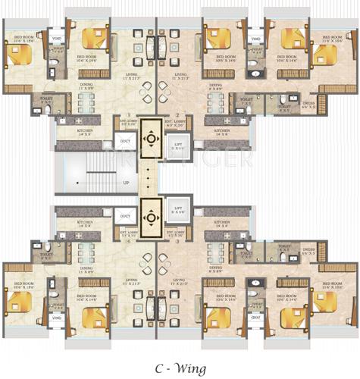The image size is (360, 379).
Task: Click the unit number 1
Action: pyautogui.click(x=130, y=114)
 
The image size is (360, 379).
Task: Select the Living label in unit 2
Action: pyautogui.click(x=180, y=77)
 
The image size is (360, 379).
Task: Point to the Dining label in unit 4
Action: pyautogui.click(x=86, y=269)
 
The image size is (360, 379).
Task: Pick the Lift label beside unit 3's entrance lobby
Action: pyautogui.click(x=179, y=211)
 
